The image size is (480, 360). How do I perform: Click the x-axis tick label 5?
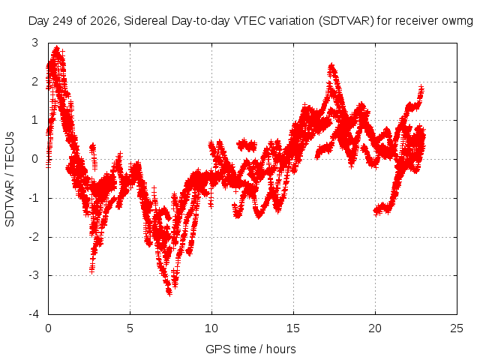(130, 328)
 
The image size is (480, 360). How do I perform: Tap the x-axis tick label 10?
(211, 328)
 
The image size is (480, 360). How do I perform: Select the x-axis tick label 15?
(293, 328)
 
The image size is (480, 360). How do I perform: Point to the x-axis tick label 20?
(375, 328)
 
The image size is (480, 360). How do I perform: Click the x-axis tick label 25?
(457, 328)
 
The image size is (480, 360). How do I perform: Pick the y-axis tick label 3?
(35, 43)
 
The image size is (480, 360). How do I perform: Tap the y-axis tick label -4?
(34, 314)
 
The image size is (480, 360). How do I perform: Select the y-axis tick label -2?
(34, 237)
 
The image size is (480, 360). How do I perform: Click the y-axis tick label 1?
(35, 120)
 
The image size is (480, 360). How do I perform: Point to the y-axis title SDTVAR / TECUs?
(10, 179)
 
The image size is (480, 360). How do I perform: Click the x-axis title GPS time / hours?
(250, 349)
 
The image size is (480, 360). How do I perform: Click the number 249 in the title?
(63, 21)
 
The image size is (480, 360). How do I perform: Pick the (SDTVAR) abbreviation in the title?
(346, 21)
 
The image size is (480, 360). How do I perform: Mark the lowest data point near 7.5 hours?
(169, 293)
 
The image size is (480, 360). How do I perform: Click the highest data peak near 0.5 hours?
(57, 48)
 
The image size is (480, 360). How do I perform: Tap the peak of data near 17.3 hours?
(331, 66)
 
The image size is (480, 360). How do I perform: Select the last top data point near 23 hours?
(421, 88)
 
